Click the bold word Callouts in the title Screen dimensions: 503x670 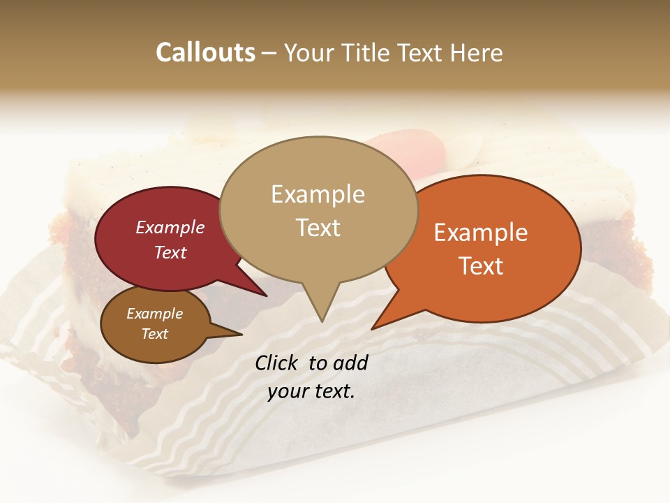click(x=205, y=52)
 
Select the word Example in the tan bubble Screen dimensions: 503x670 click(x=318, y=194)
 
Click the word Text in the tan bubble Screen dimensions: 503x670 click(x=318, y=228)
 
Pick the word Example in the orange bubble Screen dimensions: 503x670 click(x=481, y=233)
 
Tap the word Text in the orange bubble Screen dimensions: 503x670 click(x=481, y=266)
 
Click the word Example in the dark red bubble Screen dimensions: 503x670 click(x=170, y=228)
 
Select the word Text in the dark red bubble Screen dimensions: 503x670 click(x=170, y=252)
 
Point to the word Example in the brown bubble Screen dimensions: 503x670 click(x=154, y=314)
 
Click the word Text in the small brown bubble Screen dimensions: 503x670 click(x=154, y=334)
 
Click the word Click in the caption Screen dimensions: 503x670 click(x=278, y=363)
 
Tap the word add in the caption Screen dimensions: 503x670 click(x=352, y=363)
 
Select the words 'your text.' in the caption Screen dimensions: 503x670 click(x=311, y=391)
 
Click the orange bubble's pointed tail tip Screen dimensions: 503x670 click(x=372, y=328)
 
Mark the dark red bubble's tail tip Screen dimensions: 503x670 click(x=266, y=296)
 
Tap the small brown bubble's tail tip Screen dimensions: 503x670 click(x=241, y=335)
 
